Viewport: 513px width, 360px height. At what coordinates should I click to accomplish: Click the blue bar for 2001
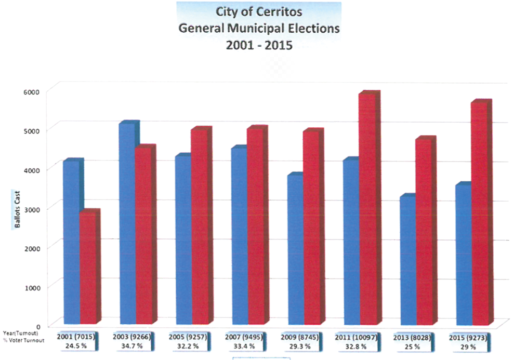tap(71, 242)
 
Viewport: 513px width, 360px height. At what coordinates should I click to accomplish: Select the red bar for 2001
tap(88, 268)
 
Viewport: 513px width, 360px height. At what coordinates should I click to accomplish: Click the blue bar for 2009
tap(295, 249)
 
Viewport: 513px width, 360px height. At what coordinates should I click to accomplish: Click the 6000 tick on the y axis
tap(32, 91)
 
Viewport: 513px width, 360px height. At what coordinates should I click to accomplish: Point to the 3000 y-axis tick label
tap(32, 208)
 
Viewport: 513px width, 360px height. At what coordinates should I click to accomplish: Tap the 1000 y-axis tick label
tap(32, 287)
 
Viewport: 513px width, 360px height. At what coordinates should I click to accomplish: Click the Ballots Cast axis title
tap(17, 208)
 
